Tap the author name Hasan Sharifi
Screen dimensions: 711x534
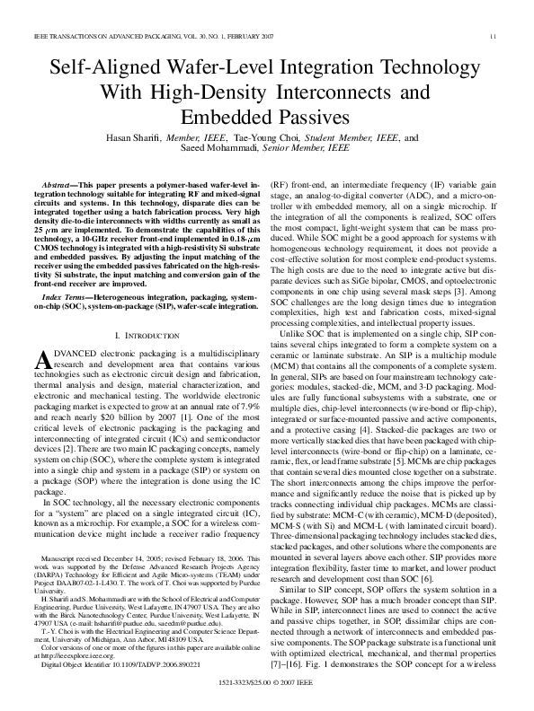tap(157, 137)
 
